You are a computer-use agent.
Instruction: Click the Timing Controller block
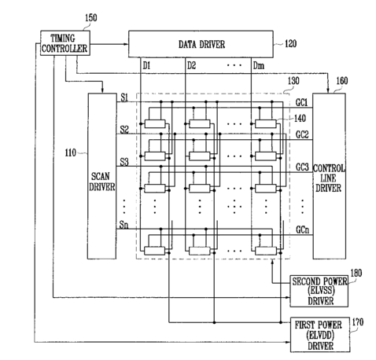tap(65, 43)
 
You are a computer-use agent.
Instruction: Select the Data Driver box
tap(201, 44)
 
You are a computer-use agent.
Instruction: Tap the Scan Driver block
tap(101, 176)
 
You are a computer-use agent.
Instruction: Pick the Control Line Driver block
tap(329, 176)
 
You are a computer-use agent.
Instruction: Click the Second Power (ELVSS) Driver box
tap(319, 291)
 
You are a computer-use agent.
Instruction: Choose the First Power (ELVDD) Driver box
tap(320, 335)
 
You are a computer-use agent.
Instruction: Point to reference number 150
tap(90, 18)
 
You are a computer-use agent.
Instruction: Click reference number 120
tap(290, 43)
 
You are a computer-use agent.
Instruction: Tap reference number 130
tap(293, 81)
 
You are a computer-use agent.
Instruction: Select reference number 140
tap(300, 119)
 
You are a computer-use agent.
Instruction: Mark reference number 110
tap(71, 152)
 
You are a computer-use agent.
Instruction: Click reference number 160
tap(342, 81)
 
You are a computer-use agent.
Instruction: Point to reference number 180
tap(356, 273)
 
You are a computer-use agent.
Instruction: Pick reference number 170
tap(358, 321)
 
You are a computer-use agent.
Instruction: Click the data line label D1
tap(146, 65)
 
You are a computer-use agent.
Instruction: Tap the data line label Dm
tap(259, 65)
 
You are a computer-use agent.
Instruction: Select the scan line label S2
tap(124, 130)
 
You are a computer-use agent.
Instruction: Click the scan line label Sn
tap(123, 225)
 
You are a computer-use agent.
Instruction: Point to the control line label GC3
tap(302, 167)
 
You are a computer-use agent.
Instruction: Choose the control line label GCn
tap(303, 230)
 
